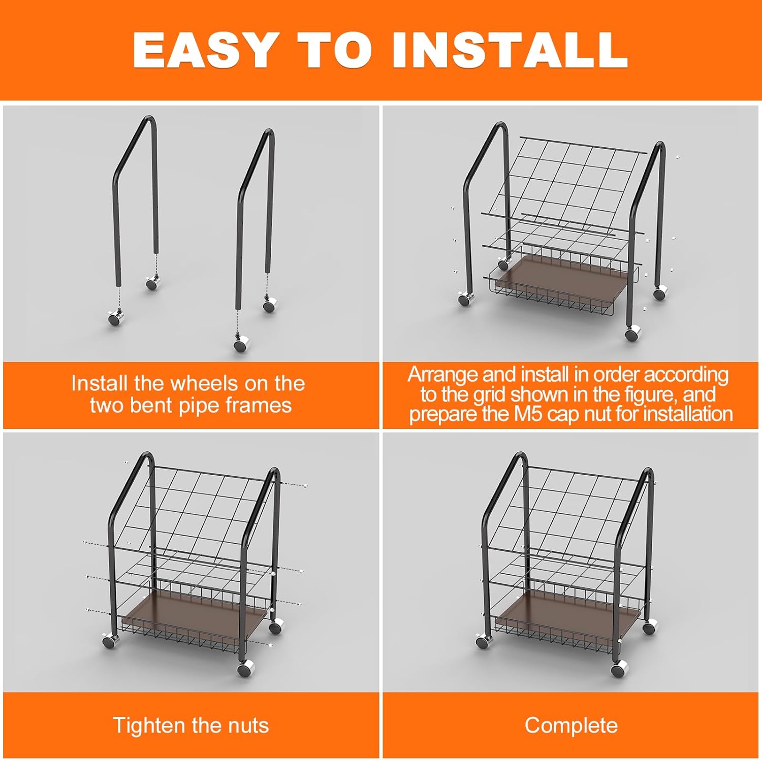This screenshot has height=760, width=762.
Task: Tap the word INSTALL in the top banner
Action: click(x=510, y=50)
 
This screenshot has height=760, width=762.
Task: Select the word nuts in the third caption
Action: click(x=248, y=726)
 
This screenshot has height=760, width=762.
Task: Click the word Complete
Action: click(x=571, y=725)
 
